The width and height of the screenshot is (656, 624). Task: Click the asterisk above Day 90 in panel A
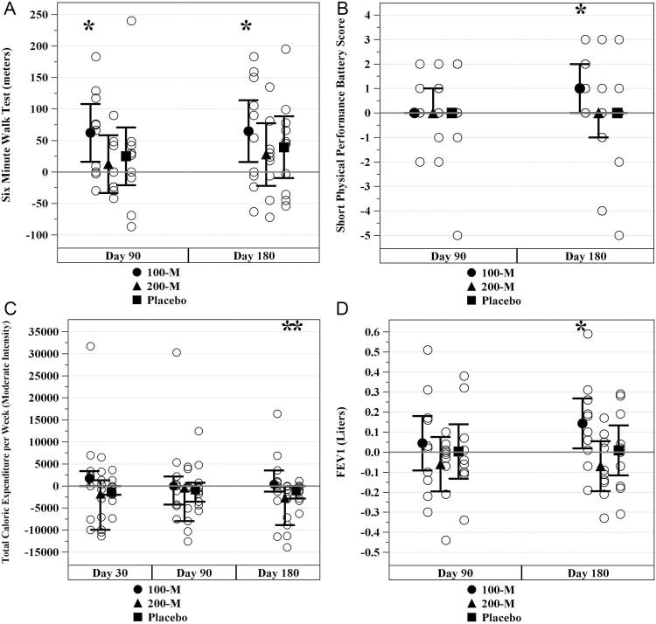[89, 26]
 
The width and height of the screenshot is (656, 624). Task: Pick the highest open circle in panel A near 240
[131, 21]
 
